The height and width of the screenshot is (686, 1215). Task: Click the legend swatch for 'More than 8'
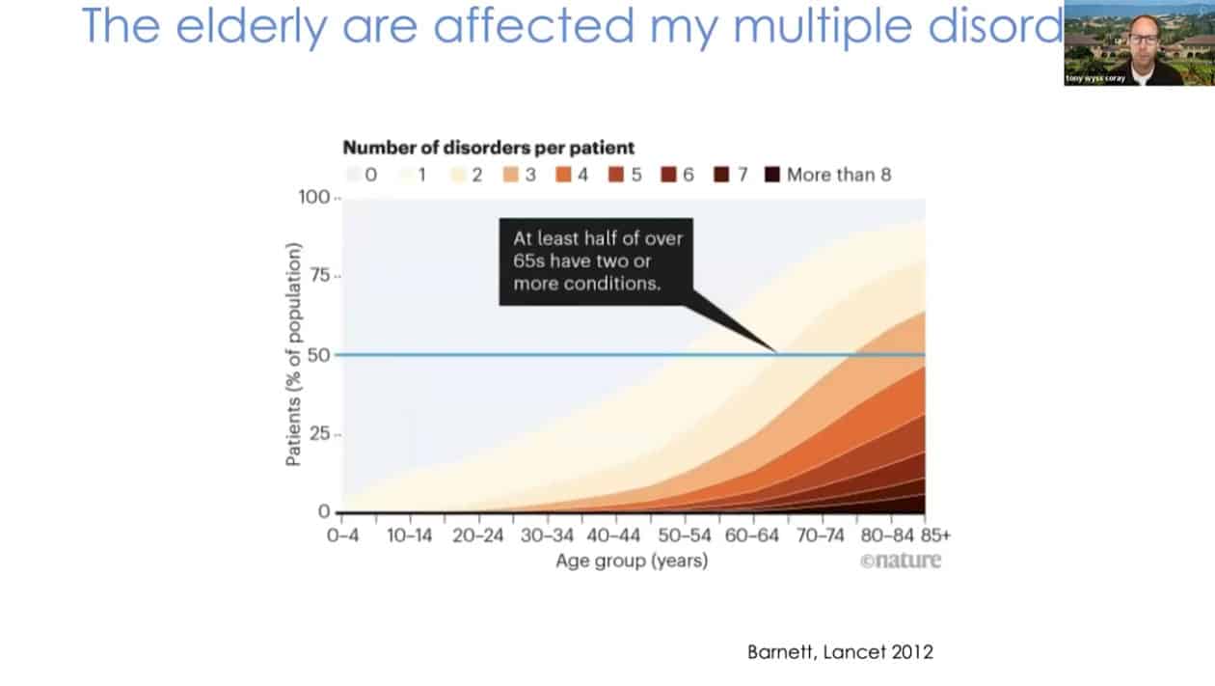(x=771, y=175)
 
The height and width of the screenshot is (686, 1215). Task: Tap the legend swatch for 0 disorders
(x=354, y=175)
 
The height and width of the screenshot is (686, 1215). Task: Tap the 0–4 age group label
(x=341, y=535)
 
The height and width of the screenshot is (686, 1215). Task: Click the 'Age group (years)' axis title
(x=631, y=561)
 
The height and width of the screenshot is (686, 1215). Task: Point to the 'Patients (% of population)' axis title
(x=294, y=354)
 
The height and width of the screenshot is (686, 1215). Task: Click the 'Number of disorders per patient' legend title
(x=489, y=148)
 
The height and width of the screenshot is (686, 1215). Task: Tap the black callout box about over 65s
(x=597, y=261)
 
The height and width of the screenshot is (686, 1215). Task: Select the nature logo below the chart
(x=901, y=561)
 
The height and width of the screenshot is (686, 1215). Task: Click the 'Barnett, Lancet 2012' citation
(x=840, y=651)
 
